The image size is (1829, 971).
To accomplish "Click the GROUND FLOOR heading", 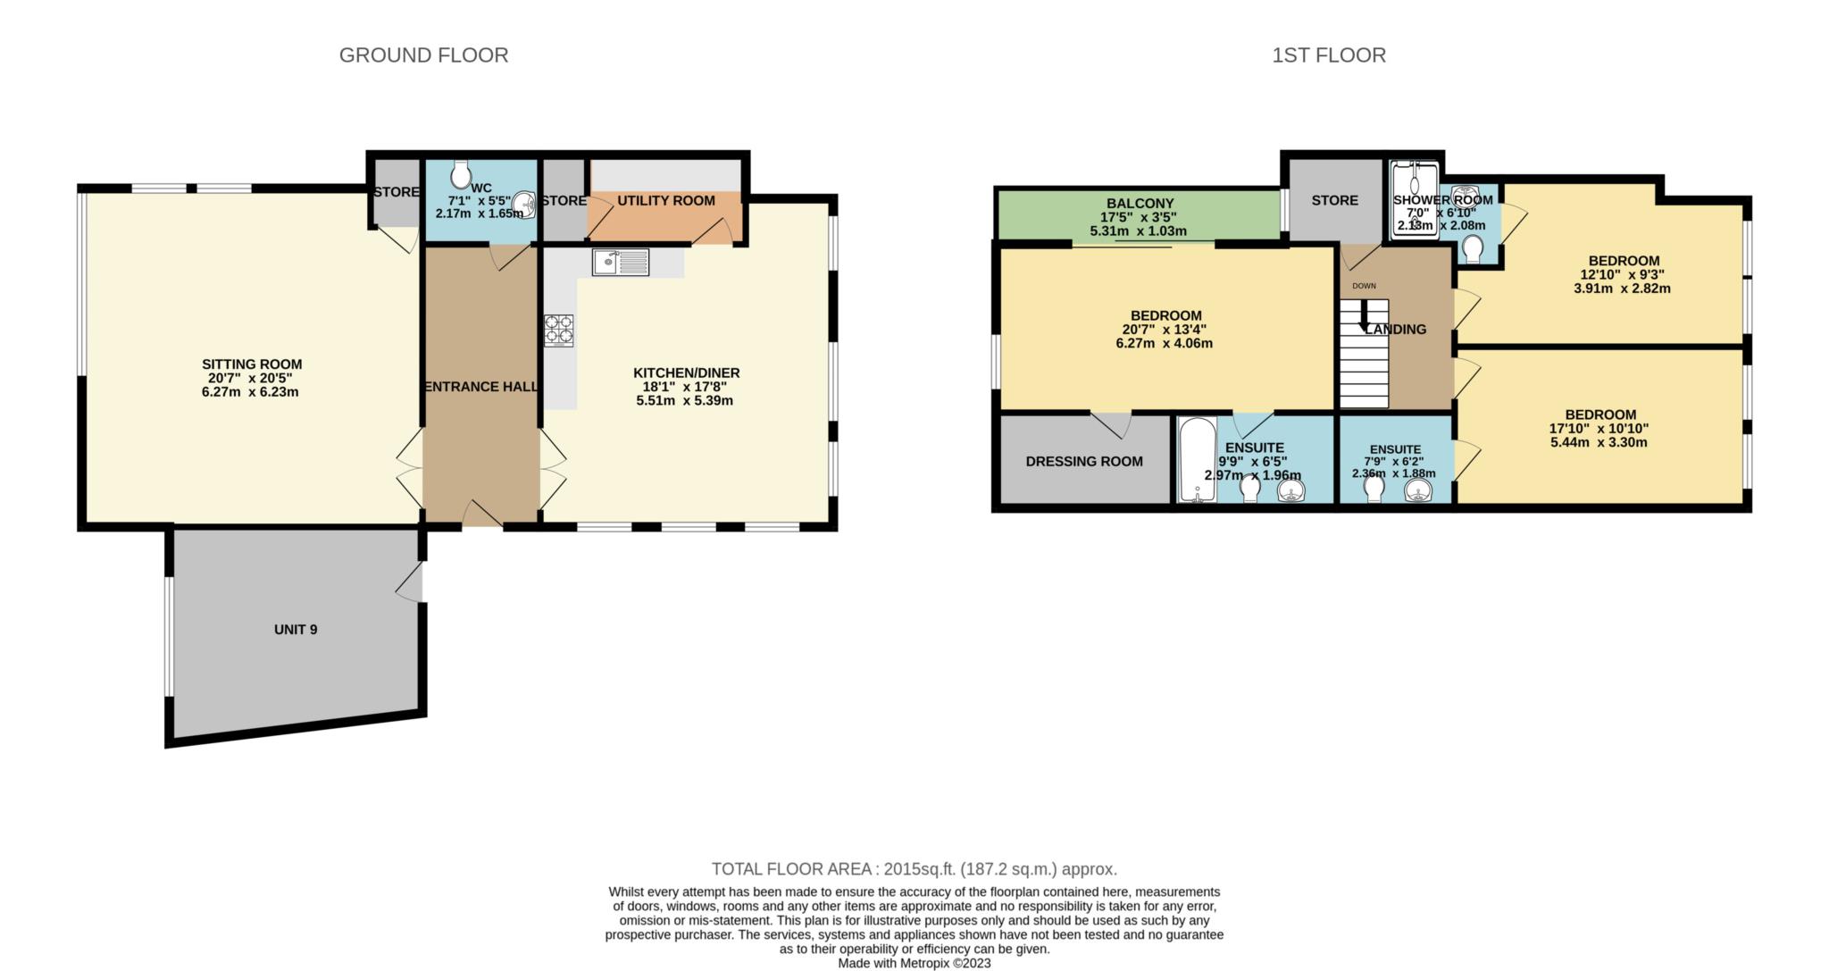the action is point(423,55).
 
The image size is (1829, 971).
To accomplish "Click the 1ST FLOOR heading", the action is point(1329,55).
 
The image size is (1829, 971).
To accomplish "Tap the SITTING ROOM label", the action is point(252,364).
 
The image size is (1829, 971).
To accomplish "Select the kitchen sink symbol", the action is point(620,263).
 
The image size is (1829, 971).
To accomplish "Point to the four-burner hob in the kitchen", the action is point(558,330).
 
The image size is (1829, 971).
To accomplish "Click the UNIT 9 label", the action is point(296,630).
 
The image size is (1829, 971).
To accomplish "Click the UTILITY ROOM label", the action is point(666,201).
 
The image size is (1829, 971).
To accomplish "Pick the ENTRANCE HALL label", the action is point(480,387).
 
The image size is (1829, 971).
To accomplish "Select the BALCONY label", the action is point(1140,204).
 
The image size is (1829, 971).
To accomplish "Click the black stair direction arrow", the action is point(1363,316).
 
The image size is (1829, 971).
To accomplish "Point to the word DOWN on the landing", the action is point(1364,286).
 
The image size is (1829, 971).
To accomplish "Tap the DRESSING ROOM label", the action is point(1084,462).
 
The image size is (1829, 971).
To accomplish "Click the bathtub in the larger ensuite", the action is point(1192,459).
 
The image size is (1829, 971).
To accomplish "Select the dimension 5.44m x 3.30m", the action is point(1599,442).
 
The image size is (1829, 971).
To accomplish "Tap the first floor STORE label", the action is point(1334,201).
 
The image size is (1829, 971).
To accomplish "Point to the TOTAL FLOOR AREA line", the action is point(914,869).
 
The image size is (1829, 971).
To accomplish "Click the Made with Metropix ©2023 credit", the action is point(914,964).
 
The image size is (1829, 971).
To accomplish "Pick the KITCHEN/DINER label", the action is point(686,373).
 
